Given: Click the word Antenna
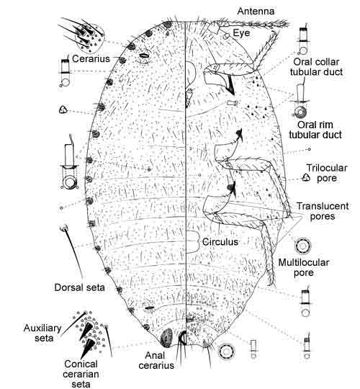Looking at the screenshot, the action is tap(256, 11).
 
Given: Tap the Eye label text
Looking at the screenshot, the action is tap(241, 33).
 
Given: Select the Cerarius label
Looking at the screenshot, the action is tap(91, 58).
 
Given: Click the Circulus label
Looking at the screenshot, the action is tap(220, 242).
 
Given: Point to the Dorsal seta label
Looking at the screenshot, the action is tap(79, 287).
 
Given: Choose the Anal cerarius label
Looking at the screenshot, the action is tap(156, 360).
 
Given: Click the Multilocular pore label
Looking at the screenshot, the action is tap(304, 267).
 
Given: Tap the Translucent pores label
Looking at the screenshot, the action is tap(323, 211).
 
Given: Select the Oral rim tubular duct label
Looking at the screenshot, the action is tap(315, 130).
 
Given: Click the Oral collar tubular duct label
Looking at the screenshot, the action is tap(316, 67).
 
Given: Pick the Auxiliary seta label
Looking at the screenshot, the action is tap(42, 333).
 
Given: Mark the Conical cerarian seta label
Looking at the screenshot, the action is tap(81, 374).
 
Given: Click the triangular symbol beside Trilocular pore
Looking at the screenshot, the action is tap(306, 177).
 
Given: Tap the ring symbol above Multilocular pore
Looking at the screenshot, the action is tap(302, 246).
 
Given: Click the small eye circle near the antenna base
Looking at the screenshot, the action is tap(227, 36).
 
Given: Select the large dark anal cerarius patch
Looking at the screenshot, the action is tap(167, 338).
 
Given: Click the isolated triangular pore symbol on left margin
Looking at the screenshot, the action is tap(63, 109).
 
